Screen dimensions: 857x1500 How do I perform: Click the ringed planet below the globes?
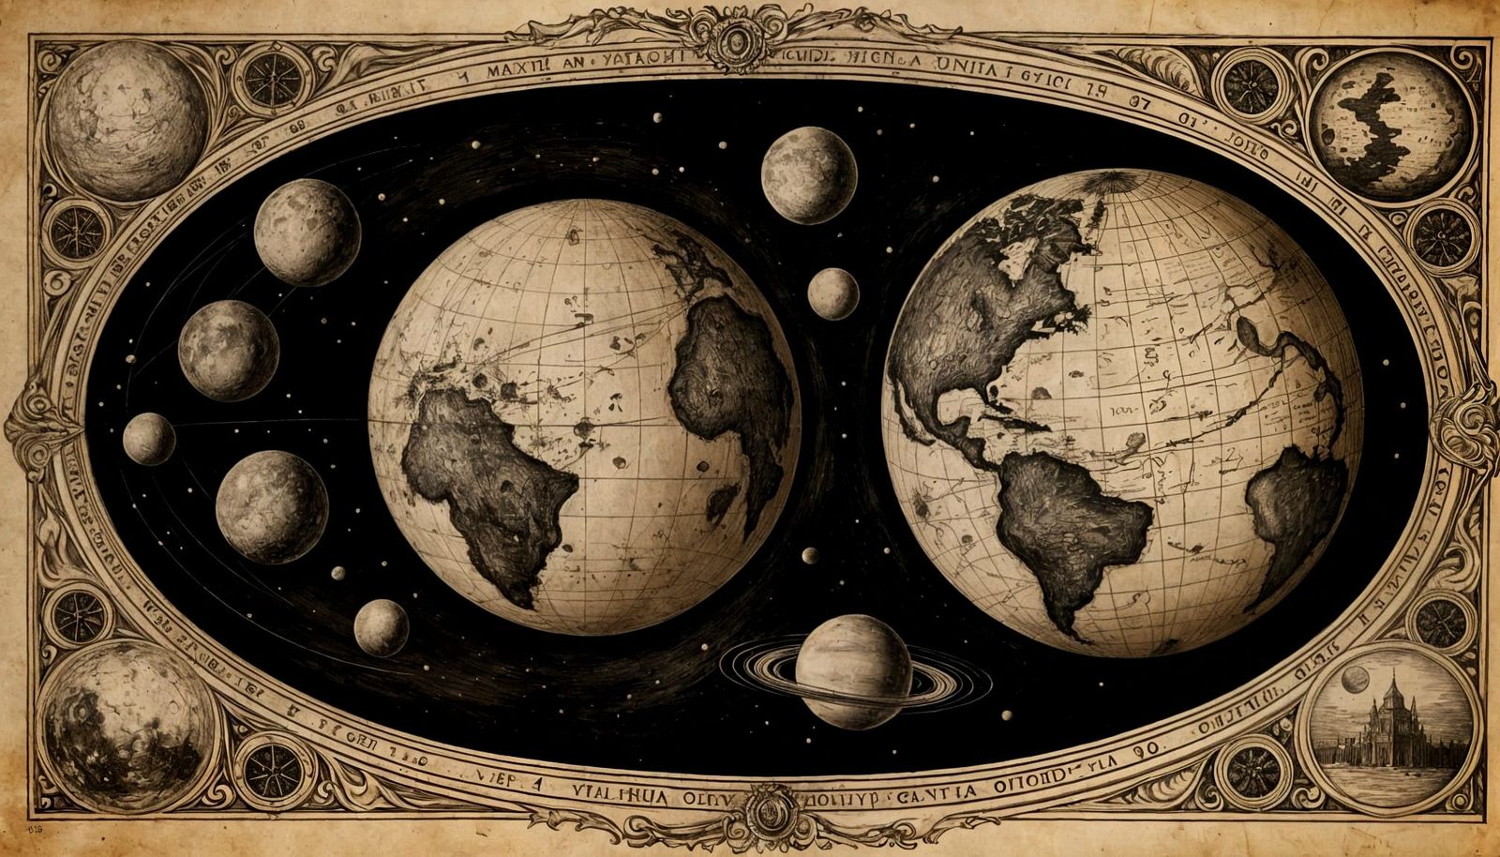coord(853,670)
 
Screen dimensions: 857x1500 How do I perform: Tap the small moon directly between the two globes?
coord(832,293)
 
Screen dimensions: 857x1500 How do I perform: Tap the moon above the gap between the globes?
coord(808,174)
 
